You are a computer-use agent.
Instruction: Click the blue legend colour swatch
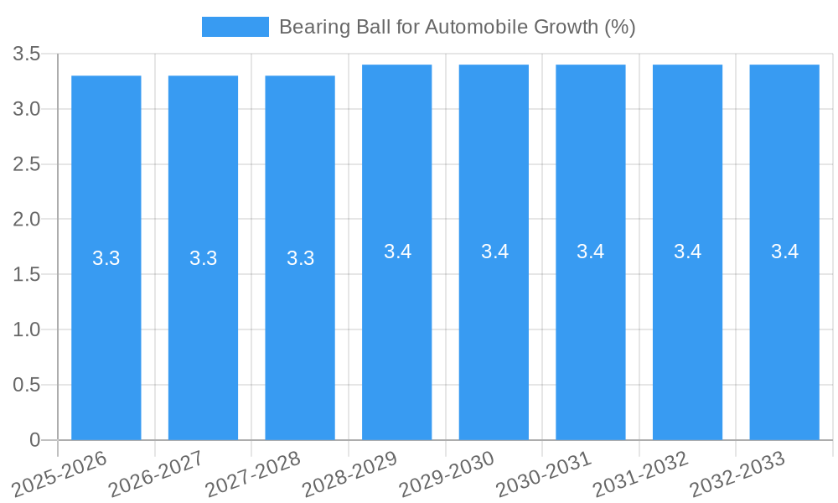[235, 27]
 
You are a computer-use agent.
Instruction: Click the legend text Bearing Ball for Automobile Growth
[457, 27]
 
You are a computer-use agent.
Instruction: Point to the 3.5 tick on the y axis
[26, 54]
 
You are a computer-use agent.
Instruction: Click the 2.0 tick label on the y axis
[26, 220]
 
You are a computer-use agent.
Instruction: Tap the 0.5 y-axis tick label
[26, 386]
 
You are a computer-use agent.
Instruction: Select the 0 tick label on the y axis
[34, 440]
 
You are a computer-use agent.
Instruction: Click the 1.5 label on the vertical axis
[26, 275]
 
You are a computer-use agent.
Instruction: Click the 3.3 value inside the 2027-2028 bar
[300, 258]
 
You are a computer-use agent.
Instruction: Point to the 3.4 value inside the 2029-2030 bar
[494, 251]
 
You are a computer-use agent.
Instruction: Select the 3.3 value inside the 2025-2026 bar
[106, 258]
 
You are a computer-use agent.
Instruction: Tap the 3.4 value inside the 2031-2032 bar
[688, 251]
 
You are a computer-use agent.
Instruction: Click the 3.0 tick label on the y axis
[26, 110]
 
